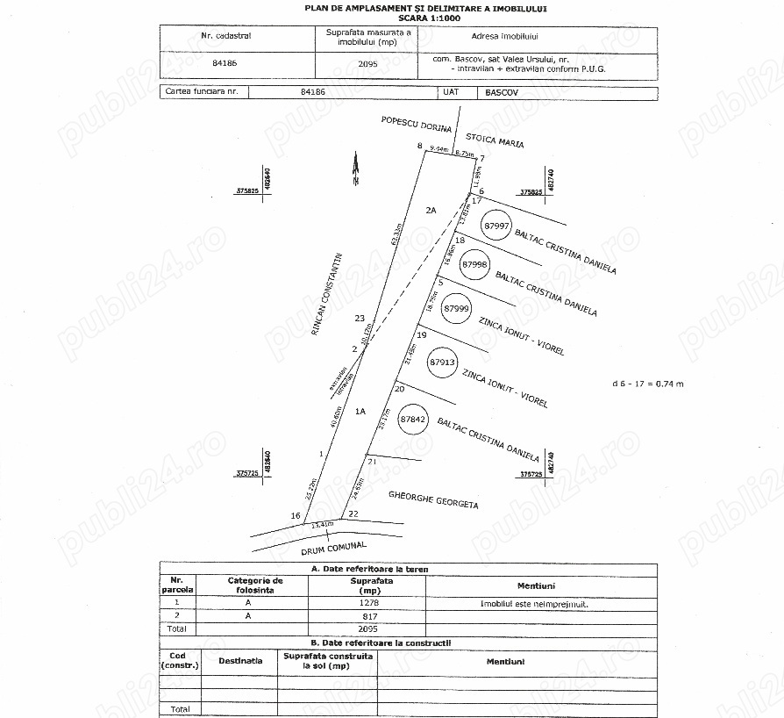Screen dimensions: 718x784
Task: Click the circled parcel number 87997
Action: (x=496, y=226)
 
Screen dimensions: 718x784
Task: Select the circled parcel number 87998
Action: (x=474, y=264)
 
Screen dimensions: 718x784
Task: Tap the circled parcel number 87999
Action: (x=457, y=309)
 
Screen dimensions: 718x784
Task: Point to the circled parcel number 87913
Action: (x=443, y=361)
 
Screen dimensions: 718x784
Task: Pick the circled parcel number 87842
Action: (x=413, y=420)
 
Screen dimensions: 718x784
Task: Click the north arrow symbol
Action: (x=355, y=170)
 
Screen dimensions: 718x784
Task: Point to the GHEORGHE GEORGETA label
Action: (x=433, y=499)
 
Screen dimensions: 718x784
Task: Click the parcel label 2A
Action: (x=431, y=211)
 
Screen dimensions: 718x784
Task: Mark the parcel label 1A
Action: (x=360, y=411)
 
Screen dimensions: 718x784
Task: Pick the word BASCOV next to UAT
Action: (x=502, y=91)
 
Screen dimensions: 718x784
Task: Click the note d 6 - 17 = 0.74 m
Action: (x=648, y=384)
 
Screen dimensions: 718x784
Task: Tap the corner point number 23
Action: (x=359, y=318)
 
